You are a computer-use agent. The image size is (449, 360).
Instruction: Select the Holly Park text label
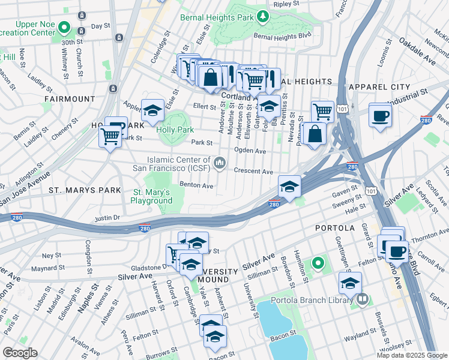click(175, 129)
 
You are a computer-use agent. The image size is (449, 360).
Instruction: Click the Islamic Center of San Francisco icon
click(220, 162)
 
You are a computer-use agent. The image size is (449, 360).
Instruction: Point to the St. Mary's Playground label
click(152, 196)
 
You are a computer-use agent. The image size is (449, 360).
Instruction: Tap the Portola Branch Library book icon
click(362, 299)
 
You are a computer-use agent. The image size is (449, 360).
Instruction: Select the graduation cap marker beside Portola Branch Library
click(351, 282)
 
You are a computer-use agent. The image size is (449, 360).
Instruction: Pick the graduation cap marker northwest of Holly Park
click(152, 109)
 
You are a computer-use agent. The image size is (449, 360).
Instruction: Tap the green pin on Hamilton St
click(318, 263)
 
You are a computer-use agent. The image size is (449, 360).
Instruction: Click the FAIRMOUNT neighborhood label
click(69, 98)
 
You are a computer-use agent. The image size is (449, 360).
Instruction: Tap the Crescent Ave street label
click(253, 171)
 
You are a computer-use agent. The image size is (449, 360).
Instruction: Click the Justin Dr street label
click(107, 217)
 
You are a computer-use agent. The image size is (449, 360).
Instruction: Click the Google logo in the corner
click(20, 353)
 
